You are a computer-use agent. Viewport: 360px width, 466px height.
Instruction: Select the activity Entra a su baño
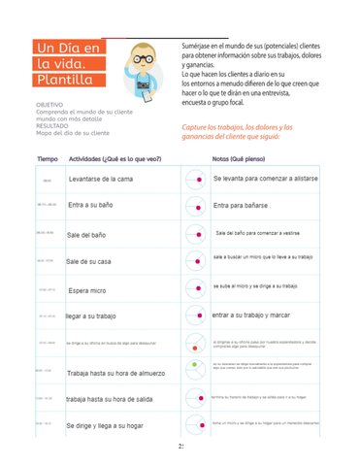click(x=96, y=206)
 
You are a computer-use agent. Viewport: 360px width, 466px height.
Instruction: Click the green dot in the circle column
click(x=194, y=365)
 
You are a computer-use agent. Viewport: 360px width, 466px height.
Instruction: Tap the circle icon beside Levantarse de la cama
click(x=195, y=181)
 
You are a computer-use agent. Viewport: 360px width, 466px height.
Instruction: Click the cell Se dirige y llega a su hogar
click(x=111, y=425)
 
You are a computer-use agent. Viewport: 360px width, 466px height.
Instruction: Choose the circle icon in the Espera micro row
click(x=195, y=289)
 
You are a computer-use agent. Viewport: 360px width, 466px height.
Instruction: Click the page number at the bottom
click(x=180, y=448)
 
